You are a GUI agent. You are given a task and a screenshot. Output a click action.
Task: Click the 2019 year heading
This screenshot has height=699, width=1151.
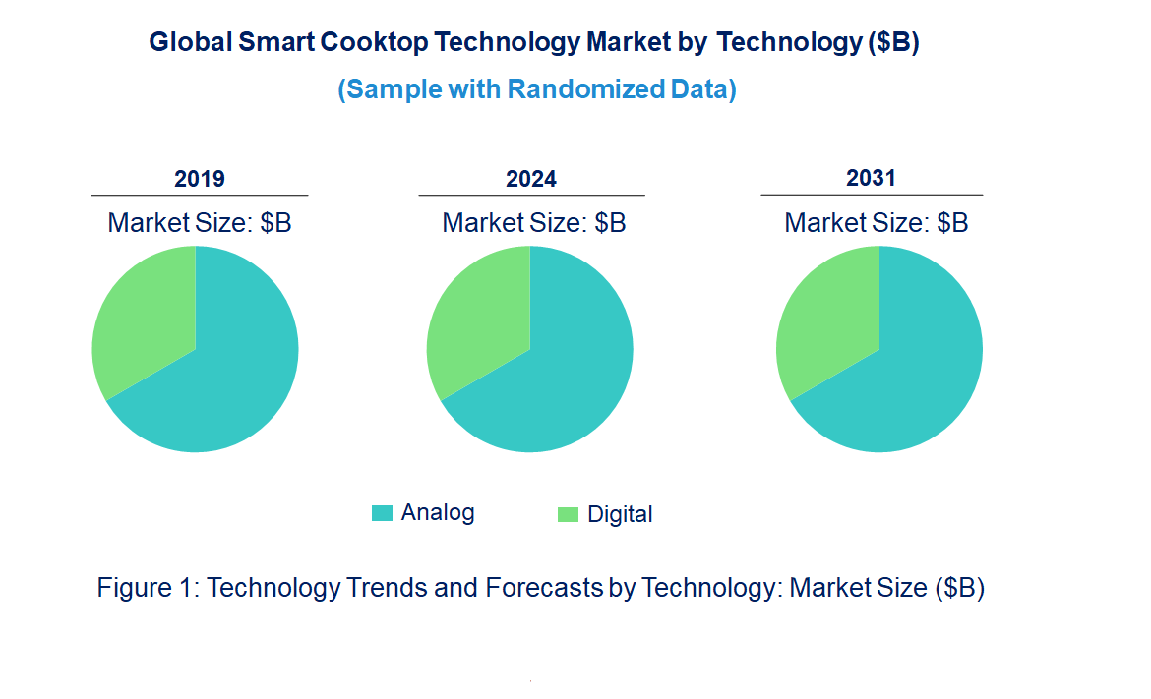[200, 179]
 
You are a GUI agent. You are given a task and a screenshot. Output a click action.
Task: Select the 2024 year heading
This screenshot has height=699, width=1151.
[531, 179]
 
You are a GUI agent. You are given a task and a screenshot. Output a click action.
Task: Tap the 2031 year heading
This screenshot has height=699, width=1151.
[872, 178]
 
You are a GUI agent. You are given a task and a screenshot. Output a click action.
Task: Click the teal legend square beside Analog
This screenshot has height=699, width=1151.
[381, 513]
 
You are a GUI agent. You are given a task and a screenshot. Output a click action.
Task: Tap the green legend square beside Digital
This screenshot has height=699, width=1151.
[568, 514]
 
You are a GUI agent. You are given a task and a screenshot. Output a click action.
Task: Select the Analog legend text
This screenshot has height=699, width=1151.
[438, 512]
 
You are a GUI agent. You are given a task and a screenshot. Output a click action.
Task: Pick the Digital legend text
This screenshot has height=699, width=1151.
[620, 514]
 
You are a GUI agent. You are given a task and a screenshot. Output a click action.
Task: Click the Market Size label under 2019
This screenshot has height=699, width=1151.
[200, 223]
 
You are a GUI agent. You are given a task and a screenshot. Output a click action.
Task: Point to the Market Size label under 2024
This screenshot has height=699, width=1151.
[534, 223]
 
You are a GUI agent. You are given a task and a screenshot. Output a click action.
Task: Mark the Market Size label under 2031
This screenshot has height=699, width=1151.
[877, 223]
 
